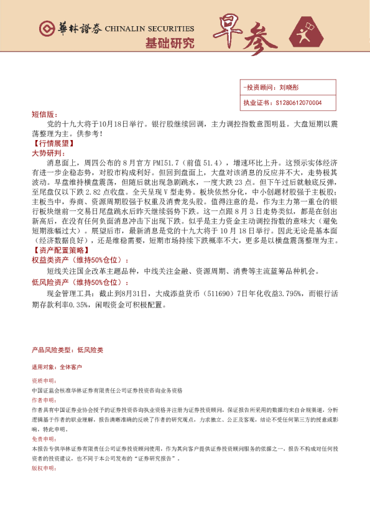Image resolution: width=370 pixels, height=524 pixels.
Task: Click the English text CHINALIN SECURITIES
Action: [149, 29]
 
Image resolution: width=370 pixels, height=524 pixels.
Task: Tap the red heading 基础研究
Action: [169, 44]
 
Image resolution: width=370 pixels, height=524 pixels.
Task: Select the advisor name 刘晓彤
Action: [290, 88]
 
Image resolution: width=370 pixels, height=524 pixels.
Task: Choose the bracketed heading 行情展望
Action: [52, 143]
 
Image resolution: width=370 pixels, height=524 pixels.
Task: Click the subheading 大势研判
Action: [47, 152]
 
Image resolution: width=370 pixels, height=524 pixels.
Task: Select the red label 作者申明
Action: [44, 401]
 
